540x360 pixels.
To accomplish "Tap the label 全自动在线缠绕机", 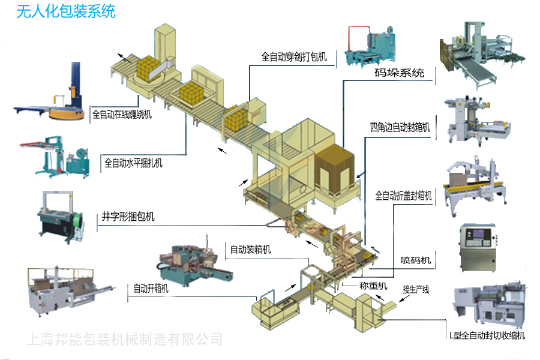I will [122, 113].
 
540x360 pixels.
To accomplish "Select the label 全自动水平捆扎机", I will [133, 162].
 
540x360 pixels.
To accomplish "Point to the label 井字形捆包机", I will [128, 217].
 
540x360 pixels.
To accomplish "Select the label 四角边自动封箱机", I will [400, 127].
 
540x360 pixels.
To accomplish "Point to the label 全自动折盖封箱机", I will [403, 196].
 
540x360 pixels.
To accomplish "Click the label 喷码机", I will [416, 260].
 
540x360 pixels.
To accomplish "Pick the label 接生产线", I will [416, 290].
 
